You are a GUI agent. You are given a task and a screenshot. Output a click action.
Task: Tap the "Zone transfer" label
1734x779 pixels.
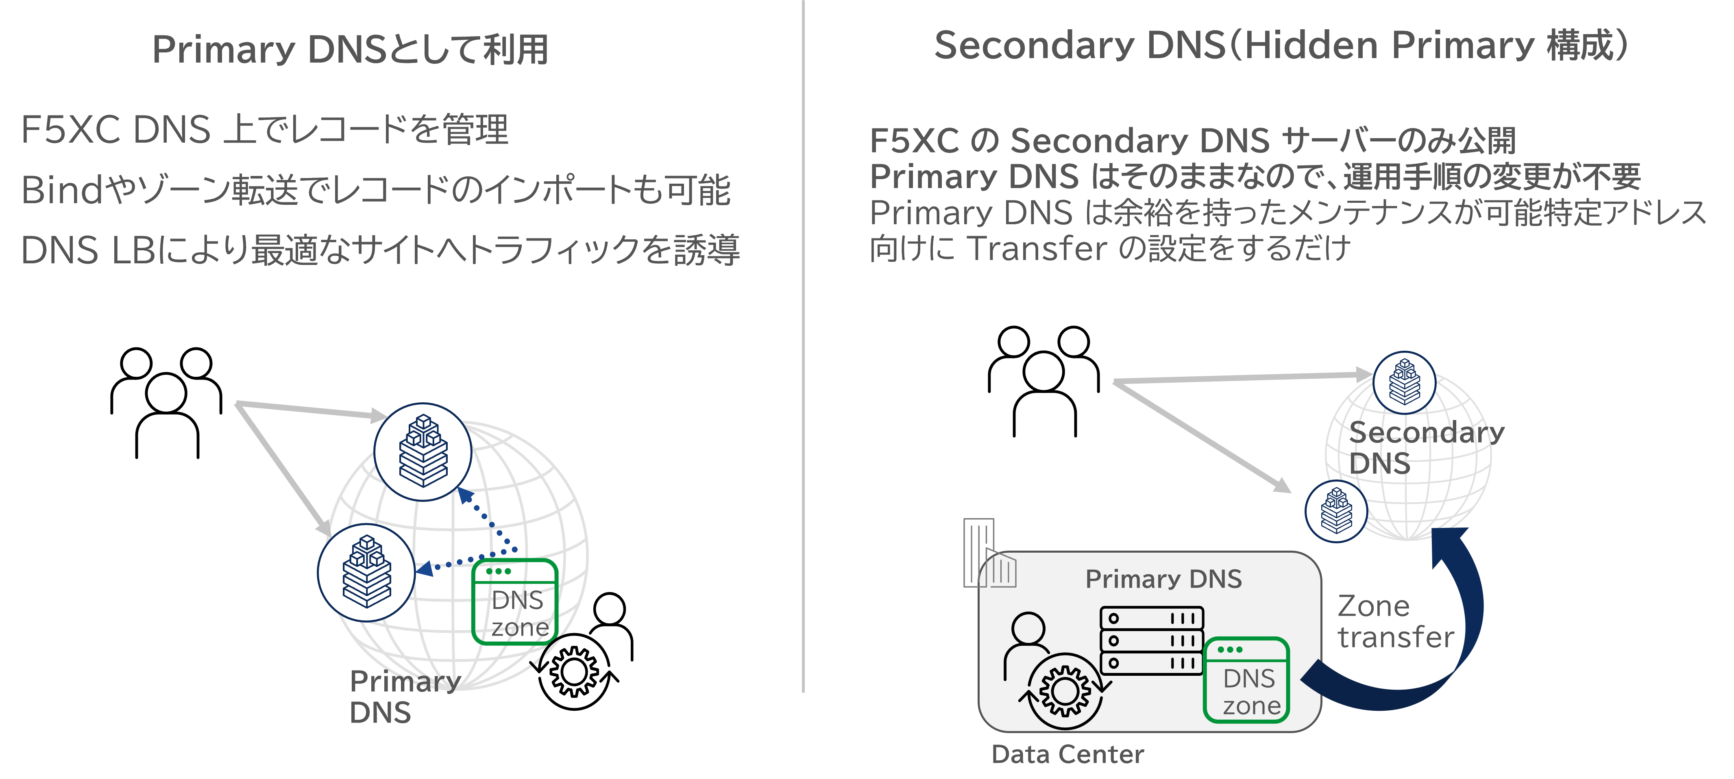pos(1395,622)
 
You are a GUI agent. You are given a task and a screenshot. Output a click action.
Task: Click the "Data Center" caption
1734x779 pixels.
pos(1067,754)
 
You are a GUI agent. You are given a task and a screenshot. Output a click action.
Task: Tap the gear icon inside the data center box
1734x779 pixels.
pos(1065,691)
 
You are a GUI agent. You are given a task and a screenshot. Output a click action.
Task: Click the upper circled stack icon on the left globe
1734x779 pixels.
pos(423,452)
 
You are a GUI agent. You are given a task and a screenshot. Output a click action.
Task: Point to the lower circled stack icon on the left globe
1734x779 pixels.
pos(366,573)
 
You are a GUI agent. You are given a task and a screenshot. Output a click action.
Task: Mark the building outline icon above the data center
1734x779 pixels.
pos(989,553)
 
